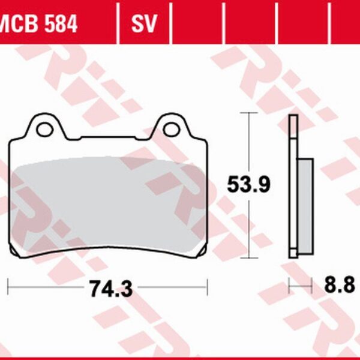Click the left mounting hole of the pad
[43, 128]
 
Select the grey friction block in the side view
[306, 204]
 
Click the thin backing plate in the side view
[292, 186]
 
